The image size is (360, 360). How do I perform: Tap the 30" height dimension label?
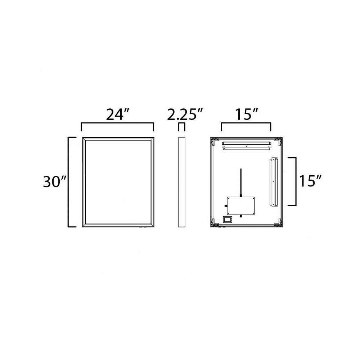[55, 182]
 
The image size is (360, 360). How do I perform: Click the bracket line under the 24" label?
[117, 123]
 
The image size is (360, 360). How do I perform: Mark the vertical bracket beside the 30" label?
[69, 182]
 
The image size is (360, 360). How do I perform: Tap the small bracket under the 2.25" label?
[182, 123]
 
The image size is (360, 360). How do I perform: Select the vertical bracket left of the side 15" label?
[295, 181]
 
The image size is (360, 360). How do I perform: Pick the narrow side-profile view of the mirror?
[182, 182]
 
